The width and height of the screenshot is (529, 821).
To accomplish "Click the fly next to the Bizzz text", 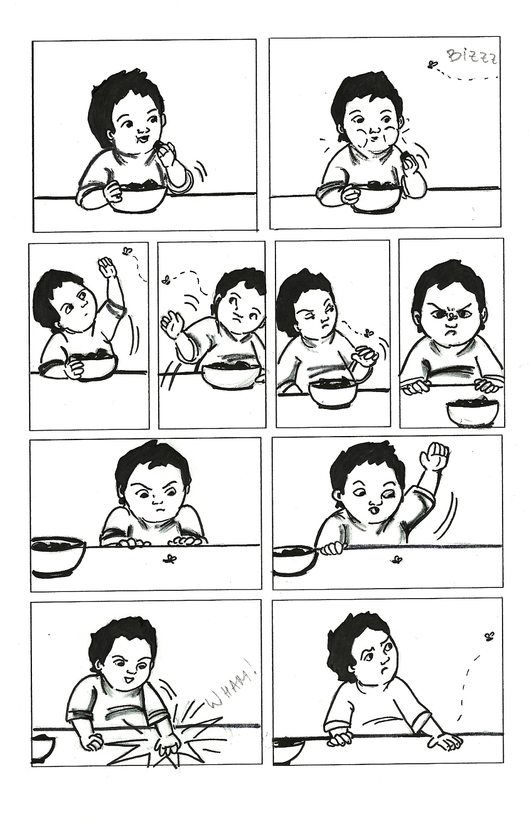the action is click(432, 65).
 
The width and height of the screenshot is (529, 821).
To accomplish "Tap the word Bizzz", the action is click(471, 57).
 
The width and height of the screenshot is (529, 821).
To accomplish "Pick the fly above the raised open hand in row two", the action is click(127, 251).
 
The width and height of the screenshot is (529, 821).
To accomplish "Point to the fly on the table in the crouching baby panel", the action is click(170, 558).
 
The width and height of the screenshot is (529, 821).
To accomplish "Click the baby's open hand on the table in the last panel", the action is click(444, 733).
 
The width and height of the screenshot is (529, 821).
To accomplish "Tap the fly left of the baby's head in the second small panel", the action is click(166, 280).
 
